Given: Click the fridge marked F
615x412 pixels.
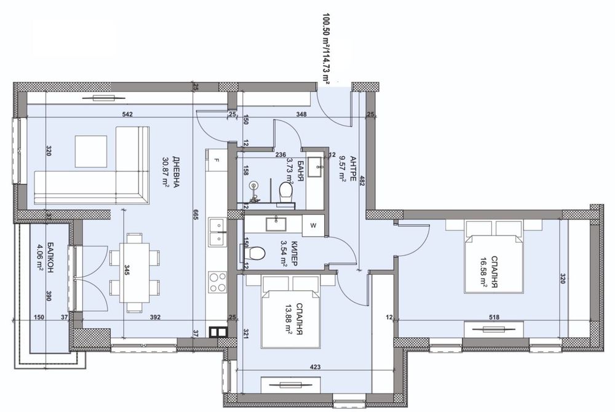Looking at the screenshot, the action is point(216,159).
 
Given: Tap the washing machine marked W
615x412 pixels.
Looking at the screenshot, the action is point(314,226).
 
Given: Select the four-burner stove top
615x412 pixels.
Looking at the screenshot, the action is point(217,282).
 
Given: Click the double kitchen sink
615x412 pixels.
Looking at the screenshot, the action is point(217,232).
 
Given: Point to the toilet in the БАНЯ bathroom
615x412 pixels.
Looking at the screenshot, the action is point(286,192).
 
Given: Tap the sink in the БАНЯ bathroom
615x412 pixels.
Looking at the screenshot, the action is point(315,167).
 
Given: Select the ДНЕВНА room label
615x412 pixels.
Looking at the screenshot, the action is point(176,172).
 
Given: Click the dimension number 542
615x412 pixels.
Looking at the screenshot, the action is point(127,114).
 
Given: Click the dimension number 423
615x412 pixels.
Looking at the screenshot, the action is point(315,367).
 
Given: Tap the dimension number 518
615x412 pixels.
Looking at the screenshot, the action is point(494,317).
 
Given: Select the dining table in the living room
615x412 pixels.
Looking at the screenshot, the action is point(134,273).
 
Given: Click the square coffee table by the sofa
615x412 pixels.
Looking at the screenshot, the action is point(91,151).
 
